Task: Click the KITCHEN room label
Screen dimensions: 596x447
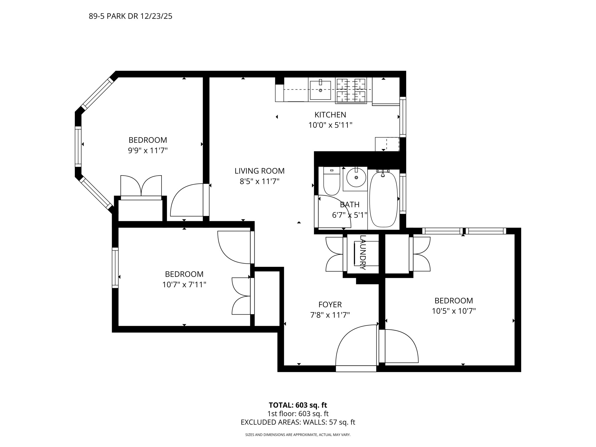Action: [x=330, y=115]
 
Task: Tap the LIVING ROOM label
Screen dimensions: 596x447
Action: [x=260, y=171]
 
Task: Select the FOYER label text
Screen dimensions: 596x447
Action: [x=330, y=304]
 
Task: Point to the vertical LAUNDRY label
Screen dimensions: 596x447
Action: [x=363, y=252]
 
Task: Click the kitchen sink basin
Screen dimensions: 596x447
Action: [x=320, y=90]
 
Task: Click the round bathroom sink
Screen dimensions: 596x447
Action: [x=356, y=178]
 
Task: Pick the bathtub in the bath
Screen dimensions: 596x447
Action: [x=383, y=199]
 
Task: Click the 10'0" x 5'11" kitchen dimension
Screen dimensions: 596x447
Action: [x=330, y=125]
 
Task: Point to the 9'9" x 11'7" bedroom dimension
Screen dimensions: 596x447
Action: [x=148, y=150]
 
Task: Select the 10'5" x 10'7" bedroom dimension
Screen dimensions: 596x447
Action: [x=454, y=311]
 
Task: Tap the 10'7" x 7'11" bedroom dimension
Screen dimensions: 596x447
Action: [x=184, y=285]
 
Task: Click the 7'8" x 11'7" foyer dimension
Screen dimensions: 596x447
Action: [x=330, y=315]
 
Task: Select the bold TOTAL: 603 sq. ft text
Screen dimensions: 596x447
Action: [x=298, y=405]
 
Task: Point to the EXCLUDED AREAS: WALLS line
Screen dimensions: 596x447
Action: [x=298, y=422]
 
